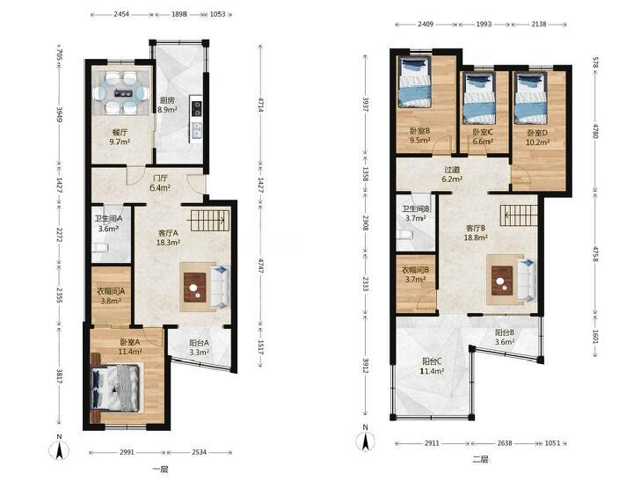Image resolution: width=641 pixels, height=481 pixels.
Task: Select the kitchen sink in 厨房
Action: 197,131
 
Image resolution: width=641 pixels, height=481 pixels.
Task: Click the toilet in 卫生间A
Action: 99,247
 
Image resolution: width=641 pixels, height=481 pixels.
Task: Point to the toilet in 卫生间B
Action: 404,234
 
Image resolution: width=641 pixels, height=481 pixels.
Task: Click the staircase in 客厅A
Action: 208,220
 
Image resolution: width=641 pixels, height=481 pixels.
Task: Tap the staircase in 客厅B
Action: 519,215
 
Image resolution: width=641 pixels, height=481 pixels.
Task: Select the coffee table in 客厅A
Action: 195,288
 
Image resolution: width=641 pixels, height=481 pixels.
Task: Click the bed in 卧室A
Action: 116,388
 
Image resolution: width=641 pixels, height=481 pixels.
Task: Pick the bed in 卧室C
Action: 479,98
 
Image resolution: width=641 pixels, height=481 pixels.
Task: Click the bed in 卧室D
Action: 530,98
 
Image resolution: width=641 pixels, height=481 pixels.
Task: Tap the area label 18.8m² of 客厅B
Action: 477,237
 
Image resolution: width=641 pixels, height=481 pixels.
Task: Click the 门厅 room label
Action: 160,179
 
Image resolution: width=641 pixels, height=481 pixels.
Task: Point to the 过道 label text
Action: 452,170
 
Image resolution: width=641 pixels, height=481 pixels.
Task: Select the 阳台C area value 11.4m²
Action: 433,371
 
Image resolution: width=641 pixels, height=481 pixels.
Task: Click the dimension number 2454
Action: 121,14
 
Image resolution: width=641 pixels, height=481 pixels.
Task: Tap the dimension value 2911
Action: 432,443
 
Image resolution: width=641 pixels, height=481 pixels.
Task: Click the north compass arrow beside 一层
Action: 59,450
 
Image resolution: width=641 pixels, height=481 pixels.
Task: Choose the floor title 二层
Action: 480,459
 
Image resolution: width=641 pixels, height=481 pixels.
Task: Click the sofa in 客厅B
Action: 528,281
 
